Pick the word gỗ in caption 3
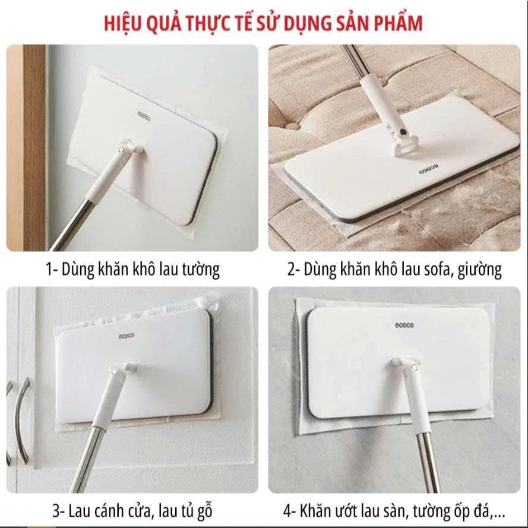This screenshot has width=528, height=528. point(204,511)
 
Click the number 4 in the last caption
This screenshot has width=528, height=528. point(287,511)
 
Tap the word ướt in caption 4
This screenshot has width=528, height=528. point(347,511)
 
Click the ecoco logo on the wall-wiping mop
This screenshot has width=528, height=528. point(144,116)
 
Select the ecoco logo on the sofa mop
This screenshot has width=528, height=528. point(429,169)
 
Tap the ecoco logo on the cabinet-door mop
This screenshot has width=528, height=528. point(127,336)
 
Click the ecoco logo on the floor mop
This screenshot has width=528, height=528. point(404,325)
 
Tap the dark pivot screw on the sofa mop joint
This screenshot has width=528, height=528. point(402,132)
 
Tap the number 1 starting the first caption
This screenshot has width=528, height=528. point(49,270)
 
